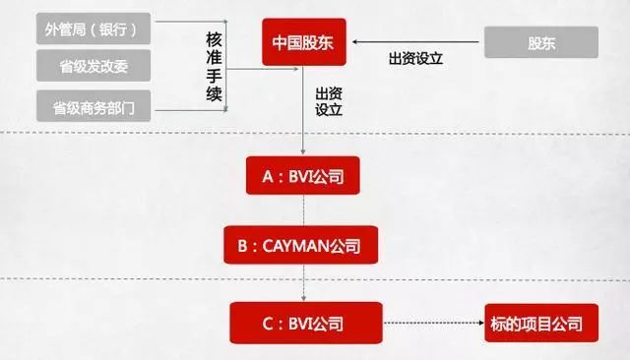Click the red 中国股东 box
pos(304,41)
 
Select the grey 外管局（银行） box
pos(94,29)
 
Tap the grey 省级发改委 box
pos(94,66)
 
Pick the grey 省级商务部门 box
pos(94,106)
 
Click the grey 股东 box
pos(541,42)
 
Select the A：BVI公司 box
pos(303,175)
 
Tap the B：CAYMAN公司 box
pos(301,245)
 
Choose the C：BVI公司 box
pos(306,323)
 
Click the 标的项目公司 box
pos(541,323)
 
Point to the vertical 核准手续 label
pos(214,67)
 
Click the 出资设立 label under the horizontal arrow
pos(415,59)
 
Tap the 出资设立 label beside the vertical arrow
pos(328,101)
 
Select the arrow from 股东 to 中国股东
pos(415,41)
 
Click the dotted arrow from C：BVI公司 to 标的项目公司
pos(433,323)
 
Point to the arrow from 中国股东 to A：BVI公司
pos(303,110)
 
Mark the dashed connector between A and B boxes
pos(303,210)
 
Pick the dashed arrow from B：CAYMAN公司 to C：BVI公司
pos(303,282)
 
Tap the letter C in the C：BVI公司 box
pos(268,324)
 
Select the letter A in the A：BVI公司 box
pos(268,176)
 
